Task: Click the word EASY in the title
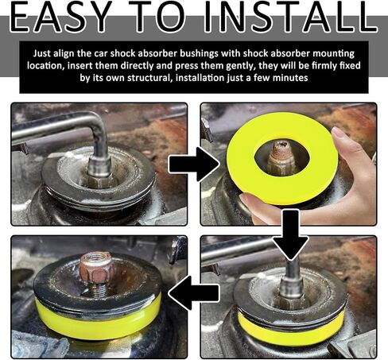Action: click(60, 17)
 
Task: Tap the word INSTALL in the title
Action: click(291, 17)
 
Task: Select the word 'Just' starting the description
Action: click(42, 53)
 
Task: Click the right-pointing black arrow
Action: click(194, 165)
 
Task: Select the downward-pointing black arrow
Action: click(291, 234)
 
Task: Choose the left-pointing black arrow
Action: click(194, 292)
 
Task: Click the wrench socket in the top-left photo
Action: click(99, 167)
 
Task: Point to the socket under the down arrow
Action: click(291, 288)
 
